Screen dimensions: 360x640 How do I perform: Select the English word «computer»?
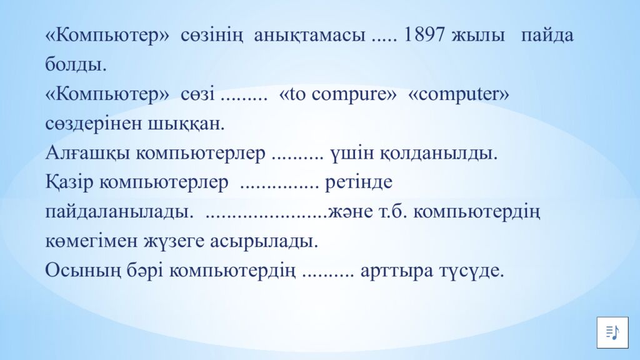tap(459, 94)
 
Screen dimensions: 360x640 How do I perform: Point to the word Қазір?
tap(70, 183)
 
